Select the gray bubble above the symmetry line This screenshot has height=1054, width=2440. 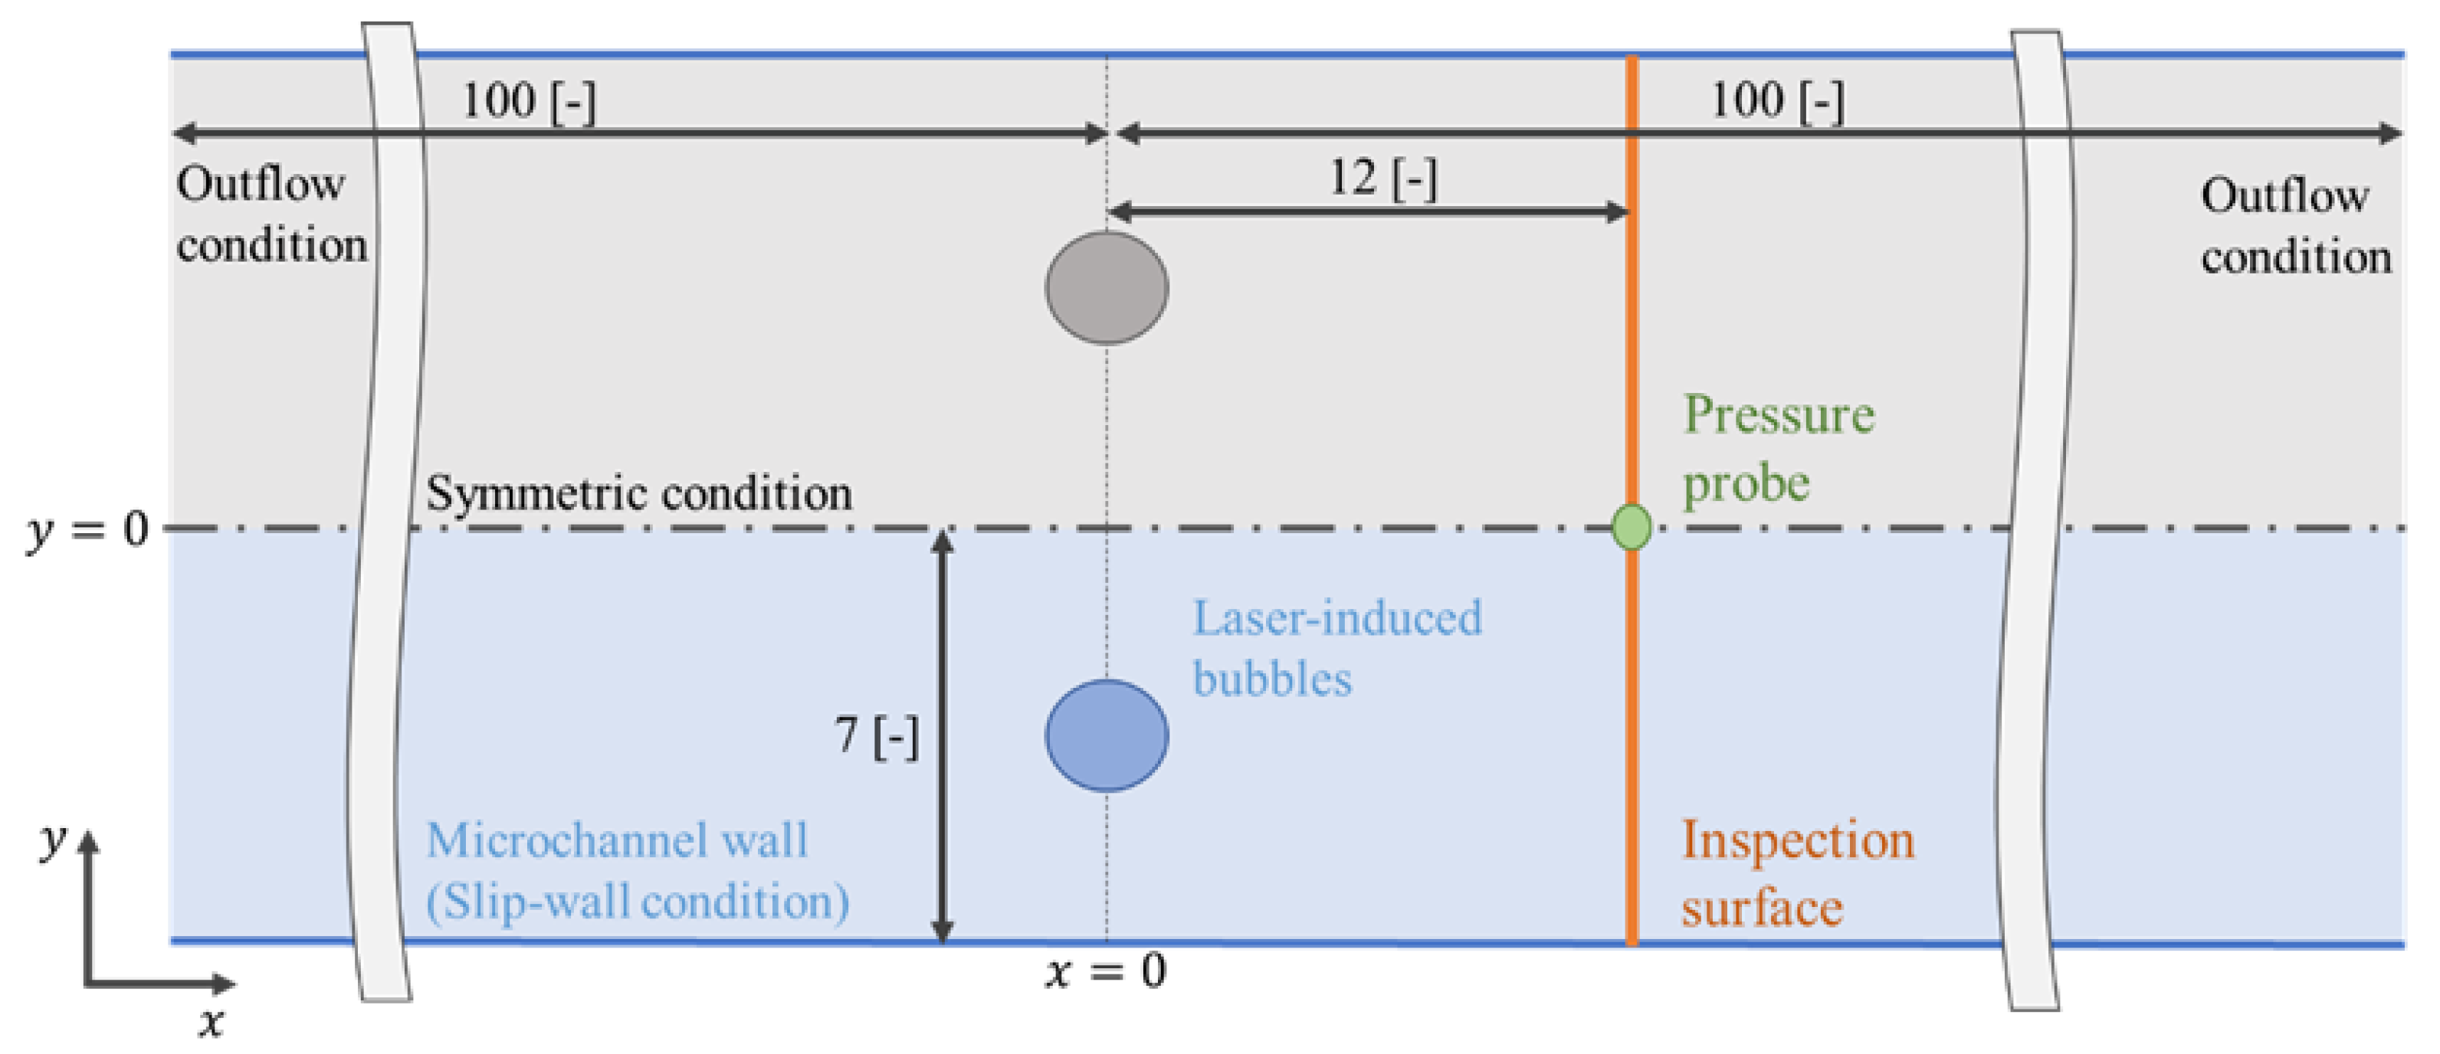[x=1107, y=288]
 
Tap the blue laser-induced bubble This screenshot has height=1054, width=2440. [x=1107, y=735]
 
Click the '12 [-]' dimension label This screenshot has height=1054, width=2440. [x=1383, y=177]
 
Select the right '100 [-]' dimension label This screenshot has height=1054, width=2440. [x=1777, y=100]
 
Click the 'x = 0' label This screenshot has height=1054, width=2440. [x=1107, y=971]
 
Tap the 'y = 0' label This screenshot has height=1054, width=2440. [x=87, y=529]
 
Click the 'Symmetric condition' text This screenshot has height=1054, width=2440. [x=638, y=493]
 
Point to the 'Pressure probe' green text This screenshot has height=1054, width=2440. [x=1777, y=448]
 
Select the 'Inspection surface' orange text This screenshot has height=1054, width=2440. [x=1796, y=873]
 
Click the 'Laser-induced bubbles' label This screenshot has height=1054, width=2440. [x=1336, y=648]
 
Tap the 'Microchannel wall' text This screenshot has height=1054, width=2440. [x=617, y=840]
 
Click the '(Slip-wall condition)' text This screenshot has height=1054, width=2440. [x=637, y=901]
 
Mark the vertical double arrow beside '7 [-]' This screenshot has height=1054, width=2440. [x=942, y=736]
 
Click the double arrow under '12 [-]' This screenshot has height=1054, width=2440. [x=1368, y=211]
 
